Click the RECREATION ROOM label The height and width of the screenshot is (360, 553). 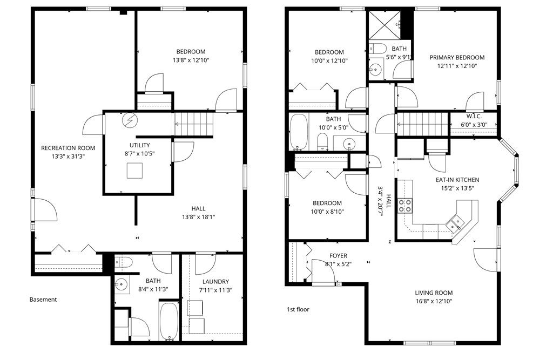68,148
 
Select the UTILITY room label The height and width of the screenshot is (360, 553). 139,145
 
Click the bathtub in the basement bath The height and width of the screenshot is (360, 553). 168,321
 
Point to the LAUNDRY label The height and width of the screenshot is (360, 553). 215,281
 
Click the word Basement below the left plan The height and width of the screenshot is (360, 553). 43,299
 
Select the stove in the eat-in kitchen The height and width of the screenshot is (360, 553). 405,205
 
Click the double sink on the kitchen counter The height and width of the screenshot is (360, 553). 454,221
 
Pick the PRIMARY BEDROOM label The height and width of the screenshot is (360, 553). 456,57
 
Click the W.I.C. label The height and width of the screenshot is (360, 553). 474,117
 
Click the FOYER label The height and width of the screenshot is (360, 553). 338,256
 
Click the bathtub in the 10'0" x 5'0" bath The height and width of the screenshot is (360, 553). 298,132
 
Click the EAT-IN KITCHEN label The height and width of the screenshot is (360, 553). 457,180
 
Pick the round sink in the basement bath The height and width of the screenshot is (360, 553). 121,284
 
